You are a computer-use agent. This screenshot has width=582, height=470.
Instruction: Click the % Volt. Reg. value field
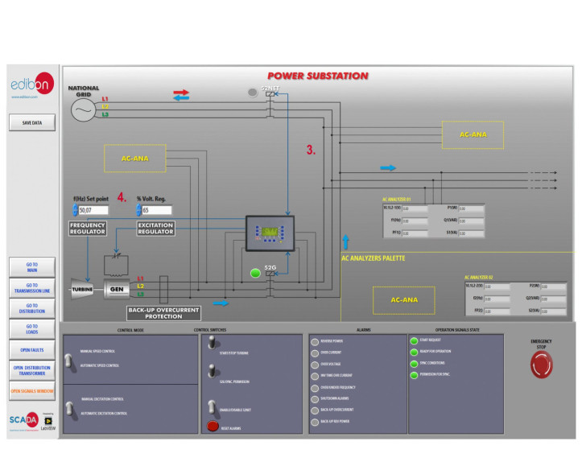tap(155, 210)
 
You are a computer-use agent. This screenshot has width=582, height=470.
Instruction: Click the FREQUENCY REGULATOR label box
tap(88, 228)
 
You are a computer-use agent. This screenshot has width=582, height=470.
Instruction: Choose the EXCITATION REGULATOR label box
tap(155, 228)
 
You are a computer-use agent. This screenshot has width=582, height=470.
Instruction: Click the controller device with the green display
tap(271, 233)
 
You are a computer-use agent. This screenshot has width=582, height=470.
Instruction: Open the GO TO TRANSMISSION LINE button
tap(32, 288)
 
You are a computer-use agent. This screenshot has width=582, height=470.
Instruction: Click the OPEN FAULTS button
tap(32, 350)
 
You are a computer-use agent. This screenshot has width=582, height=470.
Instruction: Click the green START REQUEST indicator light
tap(414, 340)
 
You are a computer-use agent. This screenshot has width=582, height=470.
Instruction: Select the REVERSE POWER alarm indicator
tap(314, 340)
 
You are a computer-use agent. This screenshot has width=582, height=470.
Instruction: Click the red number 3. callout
tap(311, 150)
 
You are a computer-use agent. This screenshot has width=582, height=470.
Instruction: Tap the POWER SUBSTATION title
tap(317, 76)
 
